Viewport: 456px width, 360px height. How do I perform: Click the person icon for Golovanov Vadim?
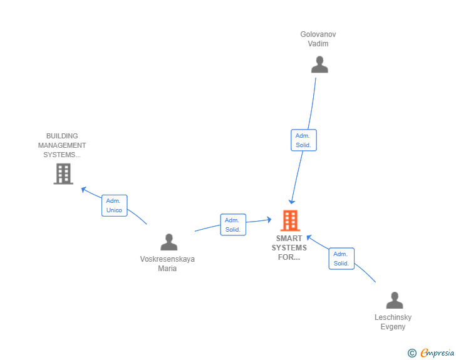[319, 64]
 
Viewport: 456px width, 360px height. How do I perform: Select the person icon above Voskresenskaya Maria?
[168, 242]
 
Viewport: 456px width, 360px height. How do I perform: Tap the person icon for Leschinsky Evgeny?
[394, 301]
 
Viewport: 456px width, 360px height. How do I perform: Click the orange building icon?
[289, 220]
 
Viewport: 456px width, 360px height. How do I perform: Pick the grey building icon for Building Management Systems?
[63, 173]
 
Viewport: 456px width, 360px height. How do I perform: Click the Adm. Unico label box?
[115, 205]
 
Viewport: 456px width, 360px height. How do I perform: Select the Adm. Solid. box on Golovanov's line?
[304, 140]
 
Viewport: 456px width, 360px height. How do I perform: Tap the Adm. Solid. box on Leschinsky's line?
[341, 259]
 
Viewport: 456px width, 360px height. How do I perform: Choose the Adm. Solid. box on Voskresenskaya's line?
[233, 225]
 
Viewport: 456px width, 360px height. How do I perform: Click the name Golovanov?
[318, 34]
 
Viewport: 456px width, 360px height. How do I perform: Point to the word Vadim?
[318, 44]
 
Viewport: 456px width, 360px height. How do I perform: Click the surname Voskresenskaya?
[167, 259]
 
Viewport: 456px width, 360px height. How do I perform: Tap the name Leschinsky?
[393, 317]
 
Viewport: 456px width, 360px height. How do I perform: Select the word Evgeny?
[393, 327]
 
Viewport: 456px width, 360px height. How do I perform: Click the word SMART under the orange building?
[289, 239]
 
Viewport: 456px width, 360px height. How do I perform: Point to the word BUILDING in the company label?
[62, 136]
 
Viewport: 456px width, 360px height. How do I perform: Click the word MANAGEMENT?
[62, 145]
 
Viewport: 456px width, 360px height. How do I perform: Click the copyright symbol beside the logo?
[412, 353]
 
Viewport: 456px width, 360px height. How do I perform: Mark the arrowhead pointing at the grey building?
[83, 189]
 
